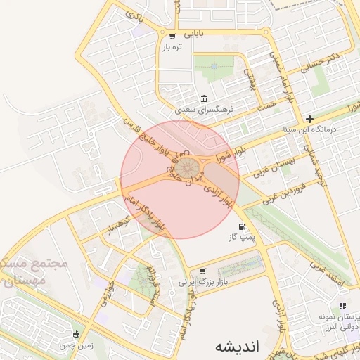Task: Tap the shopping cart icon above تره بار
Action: coord(172,36)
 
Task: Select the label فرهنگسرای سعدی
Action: coord(204,110)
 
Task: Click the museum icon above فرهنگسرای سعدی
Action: coord(204,98)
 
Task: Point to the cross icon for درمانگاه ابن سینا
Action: coord(309,119)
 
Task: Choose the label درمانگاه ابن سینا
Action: coord(325,130)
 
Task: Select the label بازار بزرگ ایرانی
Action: coord(204,283)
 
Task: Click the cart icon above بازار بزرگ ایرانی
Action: coord(203,271)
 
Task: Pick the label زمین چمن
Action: coord(77,345)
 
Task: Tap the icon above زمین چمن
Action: coord(77,334)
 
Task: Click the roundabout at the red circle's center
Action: coord(186,167)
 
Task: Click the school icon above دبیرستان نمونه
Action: coord(342,306)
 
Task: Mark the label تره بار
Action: coord(172,47)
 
